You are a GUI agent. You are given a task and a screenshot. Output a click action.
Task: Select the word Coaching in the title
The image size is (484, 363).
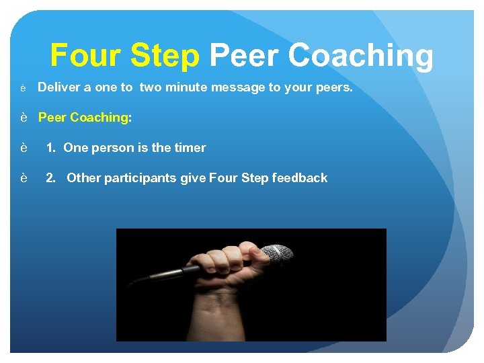coord(361,56)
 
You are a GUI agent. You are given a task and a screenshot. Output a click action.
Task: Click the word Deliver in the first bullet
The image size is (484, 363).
coord(57,87)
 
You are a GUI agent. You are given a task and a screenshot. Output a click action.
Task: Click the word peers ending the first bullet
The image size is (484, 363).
coord(335,87)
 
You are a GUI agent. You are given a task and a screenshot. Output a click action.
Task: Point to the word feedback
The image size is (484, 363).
coord(300,178)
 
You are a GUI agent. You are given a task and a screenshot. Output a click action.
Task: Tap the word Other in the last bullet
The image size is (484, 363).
coord(82,178)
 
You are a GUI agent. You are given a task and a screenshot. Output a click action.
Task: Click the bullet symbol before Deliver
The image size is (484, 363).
coord(24,88)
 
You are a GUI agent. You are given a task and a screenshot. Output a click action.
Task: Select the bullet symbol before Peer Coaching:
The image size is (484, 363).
coord(24,118)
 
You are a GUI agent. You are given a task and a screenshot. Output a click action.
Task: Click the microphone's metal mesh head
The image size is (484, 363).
coord(277,255)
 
